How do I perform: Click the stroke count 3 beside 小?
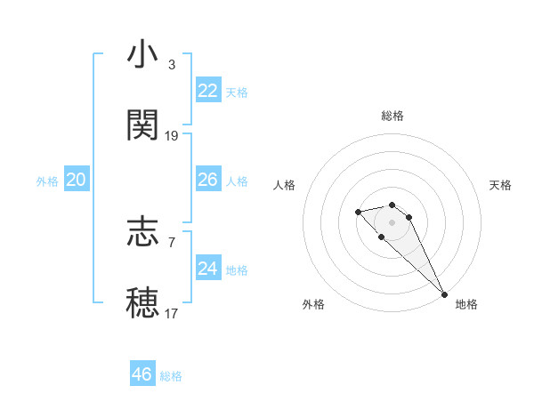click(172, 66)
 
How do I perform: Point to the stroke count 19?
click(172, 135)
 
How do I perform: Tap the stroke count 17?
click(172, 313)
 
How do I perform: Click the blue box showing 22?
click(207, 91)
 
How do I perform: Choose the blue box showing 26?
click(207, 180)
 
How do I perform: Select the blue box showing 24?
click(207, 269)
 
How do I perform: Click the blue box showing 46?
click(142, 374)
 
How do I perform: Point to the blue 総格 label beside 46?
click(171, 376)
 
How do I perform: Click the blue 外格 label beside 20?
click(47, 181)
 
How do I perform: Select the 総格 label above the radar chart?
click(392, 116)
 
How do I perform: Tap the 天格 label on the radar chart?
click(500, 185)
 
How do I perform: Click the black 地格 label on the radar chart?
click(466, 304)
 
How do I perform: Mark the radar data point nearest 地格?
click(444, 294)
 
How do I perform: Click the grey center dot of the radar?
click(392, 221)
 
